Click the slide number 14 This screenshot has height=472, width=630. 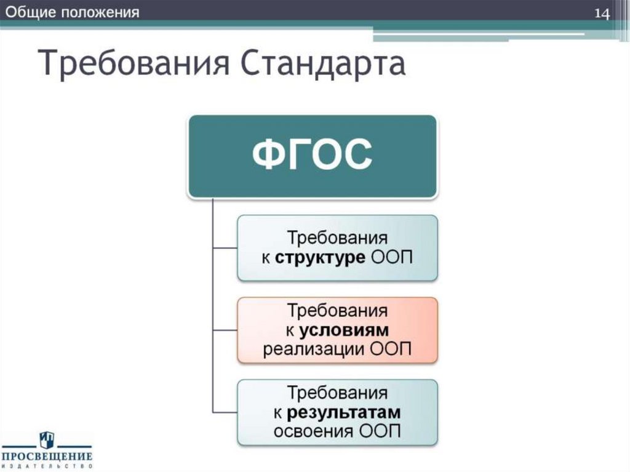click(x=601, y=14)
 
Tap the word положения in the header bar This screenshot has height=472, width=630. click(x=100, y=12)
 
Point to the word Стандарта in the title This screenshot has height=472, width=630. click(x=322, y=65)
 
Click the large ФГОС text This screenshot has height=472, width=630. click(x=313, y=156)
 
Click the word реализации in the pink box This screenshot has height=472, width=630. click(x=315, y=350)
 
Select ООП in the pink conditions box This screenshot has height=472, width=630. click(x=391, y=350)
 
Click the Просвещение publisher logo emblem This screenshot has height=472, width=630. click(x=47, y=440)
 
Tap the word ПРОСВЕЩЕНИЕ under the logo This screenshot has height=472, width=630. click(x=47, y=457)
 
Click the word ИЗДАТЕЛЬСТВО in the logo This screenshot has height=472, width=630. click(x=47, y=466)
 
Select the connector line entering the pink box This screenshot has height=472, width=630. click(x=225, y=330)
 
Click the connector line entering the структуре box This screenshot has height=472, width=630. click(x=225, y=248)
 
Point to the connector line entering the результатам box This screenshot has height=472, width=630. click(x=225, y=412)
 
